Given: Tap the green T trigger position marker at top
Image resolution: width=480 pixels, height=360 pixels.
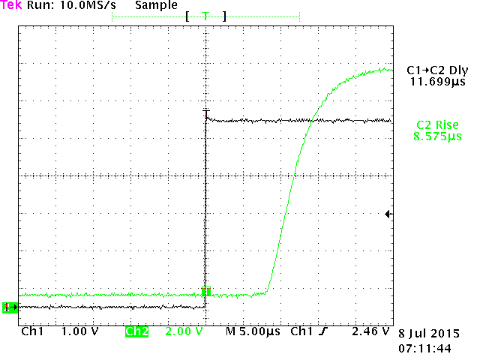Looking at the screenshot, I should pyautogui.click(x=205, y=16).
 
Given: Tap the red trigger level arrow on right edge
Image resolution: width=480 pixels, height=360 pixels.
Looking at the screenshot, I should pyautogui.click(x=388, y=214).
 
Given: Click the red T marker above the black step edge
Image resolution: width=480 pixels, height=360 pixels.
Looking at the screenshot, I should pyautogui.click(x=205, y=114).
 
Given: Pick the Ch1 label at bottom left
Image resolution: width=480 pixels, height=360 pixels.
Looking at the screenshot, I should pyautogui.click(x=32, y=331).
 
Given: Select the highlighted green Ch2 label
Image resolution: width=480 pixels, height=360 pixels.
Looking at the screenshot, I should pyautogui.click(x=136, y=331).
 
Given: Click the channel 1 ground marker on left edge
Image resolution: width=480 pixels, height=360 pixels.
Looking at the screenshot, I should pyautogui.click(x=9, y=307).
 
